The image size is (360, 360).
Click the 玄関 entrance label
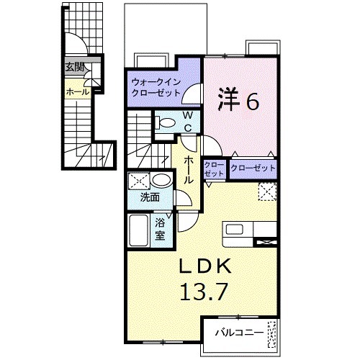[75, 68]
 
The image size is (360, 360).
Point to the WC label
[186, 122]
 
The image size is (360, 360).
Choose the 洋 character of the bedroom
[228, 102]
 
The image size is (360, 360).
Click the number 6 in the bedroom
[253, 102]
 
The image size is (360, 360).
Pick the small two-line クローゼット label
[214, 168]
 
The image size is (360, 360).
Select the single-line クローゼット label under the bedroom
[253, 168]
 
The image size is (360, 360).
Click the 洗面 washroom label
[150, 197]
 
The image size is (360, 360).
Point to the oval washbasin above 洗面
[161, 180]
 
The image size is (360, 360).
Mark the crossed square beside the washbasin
[139, 180]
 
